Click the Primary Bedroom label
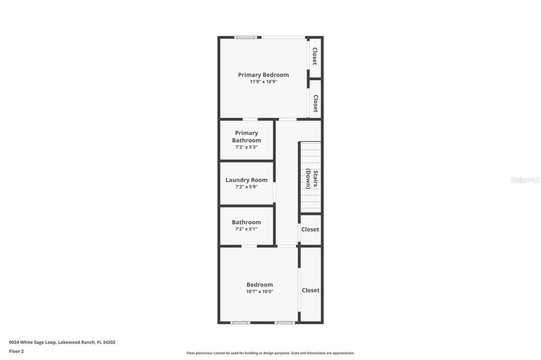tap(263, 75)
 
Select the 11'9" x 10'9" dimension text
tap(263, 82)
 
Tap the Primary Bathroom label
tap(247, 137)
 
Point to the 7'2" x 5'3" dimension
tap(246, 147)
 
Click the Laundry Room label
tap(246, 180)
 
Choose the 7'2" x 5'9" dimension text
tap(246, 187)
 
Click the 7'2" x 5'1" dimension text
tap(246, 229)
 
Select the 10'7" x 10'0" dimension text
tap(259, 291)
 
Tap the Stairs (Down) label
tap(312, 178)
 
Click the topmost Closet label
tap(315, 56)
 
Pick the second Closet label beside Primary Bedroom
tap(315, 103)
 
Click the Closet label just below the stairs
tap(310, 230)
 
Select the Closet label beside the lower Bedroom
tap(311, 290)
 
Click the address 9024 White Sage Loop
tap(62, 342)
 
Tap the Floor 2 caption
tap(16, 351)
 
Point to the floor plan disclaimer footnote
tap(270, 353)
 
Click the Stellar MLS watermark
tap(525, 180)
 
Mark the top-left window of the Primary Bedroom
tap(246, 37)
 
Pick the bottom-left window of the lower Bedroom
tap(240, 323)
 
